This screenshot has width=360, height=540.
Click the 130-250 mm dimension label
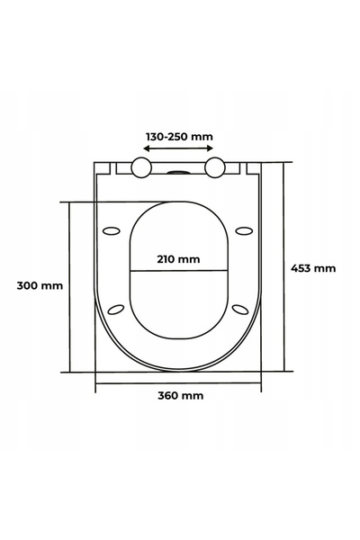pos(179,137)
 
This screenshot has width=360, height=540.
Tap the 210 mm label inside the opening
pos(178,259)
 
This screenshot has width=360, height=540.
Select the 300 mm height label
pos(40,285)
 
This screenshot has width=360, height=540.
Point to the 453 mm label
pos(313,268)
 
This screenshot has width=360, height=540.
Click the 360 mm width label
pos(181,395)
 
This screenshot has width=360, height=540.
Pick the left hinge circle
pos(141,167)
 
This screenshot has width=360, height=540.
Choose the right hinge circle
pos(215,167)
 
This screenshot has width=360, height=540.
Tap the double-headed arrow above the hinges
pos(178,148)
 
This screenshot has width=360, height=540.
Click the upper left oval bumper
pos(112,230)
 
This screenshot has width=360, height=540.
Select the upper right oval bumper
pos(244,230)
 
